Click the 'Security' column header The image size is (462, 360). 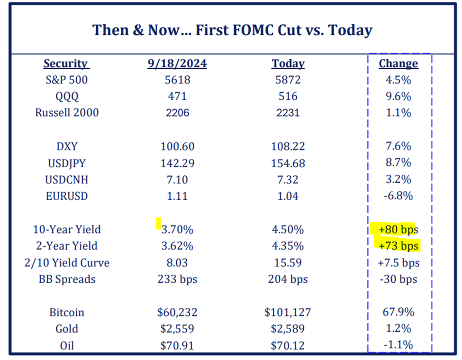[x=66, y=63]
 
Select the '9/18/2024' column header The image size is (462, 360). [x=177, y=63]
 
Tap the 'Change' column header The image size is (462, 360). [x=398, y=63]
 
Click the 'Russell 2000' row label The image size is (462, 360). [x=67, y=113]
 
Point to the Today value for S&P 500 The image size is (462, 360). [x=288, y=80]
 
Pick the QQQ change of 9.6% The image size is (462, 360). [x=398, y=97]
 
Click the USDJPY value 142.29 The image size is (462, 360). [x=177, y=163]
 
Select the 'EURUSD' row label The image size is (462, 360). [x=67, y=196]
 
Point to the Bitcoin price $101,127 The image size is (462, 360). [x=288, y=313]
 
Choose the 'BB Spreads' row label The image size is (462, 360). [x=67, y=279]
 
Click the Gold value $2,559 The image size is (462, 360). [x=177, y=329]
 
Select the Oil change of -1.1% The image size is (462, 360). [x=398, y=345]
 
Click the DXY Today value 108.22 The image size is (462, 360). [x=288, y=147]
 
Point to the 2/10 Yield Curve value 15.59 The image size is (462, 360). [x=288, y=262]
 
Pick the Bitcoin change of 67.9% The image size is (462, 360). [x=398, y=313]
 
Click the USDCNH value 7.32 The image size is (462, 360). [x=288, y=180]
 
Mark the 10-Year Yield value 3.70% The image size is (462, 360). [x=177, y=230]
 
